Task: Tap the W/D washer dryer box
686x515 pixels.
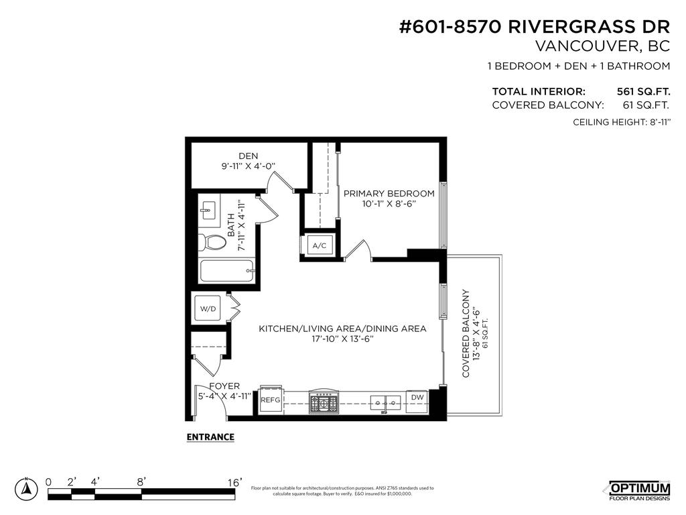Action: (208, 309)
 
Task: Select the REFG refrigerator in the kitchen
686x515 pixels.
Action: (270, 400)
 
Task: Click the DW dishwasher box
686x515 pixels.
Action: (417, 398)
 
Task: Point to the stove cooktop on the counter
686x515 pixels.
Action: (324, 402)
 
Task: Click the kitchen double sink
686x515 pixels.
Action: (386, 402)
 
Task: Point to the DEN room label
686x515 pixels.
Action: (248, 156)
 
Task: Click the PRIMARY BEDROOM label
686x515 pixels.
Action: (389, 193)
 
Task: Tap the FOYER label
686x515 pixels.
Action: (224, 386)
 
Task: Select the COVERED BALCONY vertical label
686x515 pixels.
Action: (466, 333)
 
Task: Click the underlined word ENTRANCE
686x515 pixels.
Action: (210, 437)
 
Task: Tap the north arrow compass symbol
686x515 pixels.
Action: (27, 490)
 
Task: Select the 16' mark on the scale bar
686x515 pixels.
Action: (234, 481)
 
